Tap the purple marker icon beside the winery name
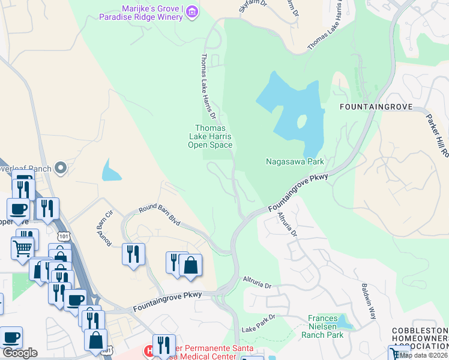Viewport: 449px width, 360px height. point(192,12)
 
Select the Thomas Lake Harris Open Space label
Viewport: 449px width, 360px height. point(209,136)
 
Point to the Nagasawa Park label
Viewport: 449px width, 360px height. point(295,161)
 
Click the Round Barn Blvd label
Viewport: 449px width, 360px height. point(160,215)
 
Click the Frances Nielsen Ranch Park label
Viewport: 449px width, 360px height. point(327,326)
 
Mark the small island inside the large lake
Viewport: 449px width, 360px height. point(301,122)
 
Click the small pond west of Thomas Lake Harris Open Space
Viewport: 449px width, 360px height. point(111,171)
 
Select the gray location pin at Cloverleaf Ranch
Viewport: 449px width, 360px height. point(60,169)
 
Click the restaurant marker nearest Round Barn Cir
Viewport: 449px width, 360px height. point(133,253)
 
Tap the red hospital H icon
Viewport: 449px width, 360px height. point(148,349)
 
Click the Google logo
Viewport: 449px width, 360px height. point(20,353)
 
